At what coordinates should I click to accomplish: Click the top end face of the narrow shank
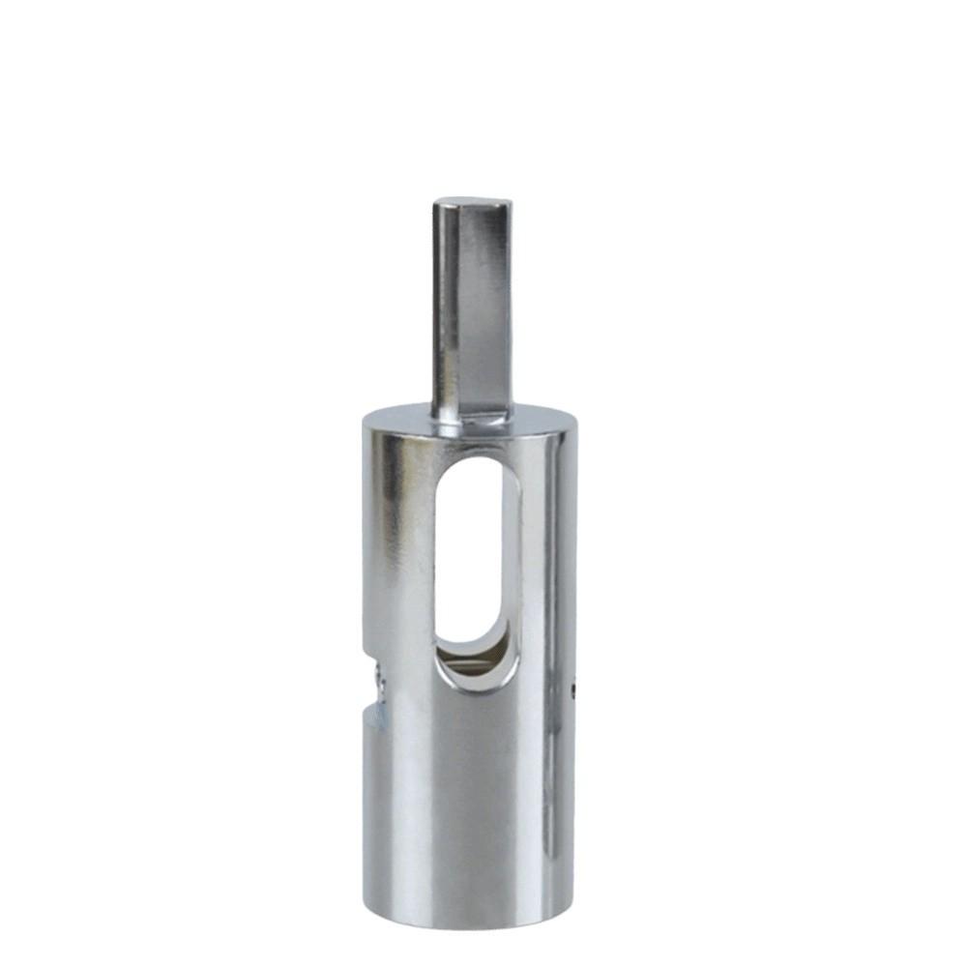tap(472, 203)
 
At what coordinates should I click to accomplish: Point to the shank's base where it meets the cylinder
tap(472, 416)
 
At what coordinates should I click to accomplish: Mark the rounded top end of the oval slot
tap(475, 462)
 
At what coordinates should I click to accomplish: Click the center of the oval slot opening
tap(475, 551)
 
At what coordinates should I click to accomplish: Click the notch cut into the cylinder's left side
tap(375, 682)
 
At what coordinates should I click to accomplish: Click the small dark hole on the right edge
tap(574, 689)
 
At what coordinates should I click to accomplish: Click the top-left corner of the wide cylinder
tap(365, 418)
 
